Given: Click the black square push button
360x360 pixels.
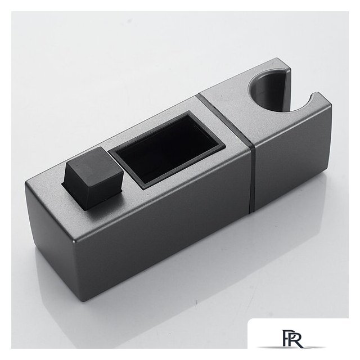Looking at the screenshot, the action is coord(93,178).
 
